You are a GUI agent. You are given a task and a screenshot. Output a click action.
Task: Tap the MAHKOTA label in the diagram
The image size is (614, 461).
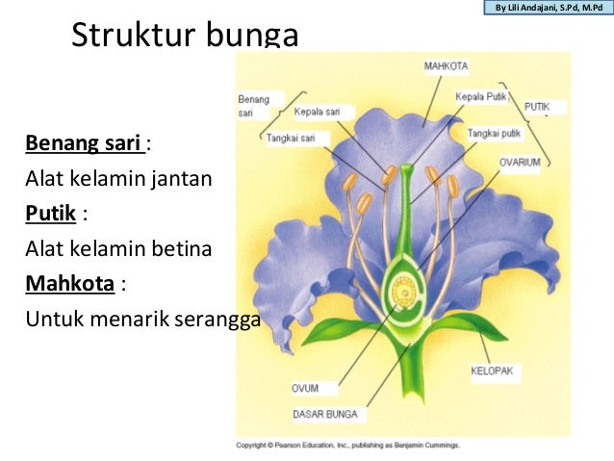(446, 66)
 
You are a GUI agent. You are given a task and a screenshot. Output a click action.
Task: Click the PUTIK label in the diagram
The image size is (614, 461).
(537, 105)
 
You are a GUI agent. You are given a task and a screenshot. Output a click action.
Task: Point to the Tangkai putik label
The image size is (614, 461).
(496, 134)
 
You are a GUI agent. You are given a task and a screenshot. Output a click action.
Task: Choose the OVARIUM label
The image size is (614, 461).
(520, 163)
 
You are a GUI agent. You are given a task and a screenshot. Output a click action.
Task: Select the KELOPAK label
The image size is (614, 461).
(491, 370)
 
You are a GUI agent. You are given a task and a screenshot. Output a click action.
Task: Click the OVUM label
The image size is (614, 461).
(305, 389)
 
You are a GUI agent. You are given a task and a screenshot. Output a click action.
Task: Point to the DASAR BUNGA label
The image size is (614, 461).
(325, 415)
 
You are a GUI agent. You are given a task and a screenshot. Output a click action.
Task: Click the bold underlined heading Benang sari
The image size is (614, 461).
(85, 144)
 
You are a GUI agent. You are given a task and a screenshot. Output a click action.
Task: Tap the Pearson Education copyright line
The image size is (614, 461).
(348, 446)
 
